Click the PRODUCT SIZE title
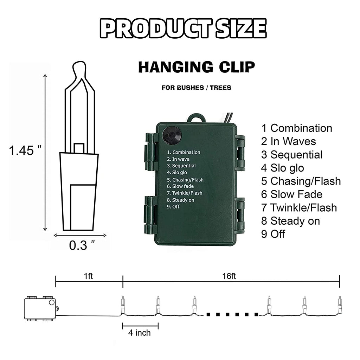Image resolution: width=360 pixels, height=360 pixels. click(x=183, y=28)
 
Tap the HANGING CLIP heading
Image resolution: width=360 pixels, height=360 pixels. click(x=197, y=67)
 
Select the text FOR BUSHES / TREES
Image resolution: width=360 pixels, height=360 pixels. click(x=196, y=88)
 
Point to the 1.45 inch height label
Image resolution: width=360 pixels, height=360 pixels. click(x=25, y=150)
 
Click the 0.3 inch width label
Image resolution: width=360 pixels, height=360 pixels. click(x=82, y=245)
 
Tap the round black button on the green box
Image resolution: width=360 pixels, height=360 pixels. click(x=172, y=135)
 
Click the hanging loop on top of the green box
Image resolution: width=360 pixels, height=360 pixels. click(x=197, y=117)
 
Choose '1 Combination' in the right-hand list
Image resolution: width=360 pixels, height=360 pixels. click(x=297, y=128)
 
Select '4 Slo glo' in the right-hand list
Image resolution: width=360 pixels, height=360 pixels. click(x=282, y=168)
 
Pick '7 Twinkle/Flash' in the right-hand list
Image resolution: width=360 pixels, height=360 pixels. click(x=299, y=208)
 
